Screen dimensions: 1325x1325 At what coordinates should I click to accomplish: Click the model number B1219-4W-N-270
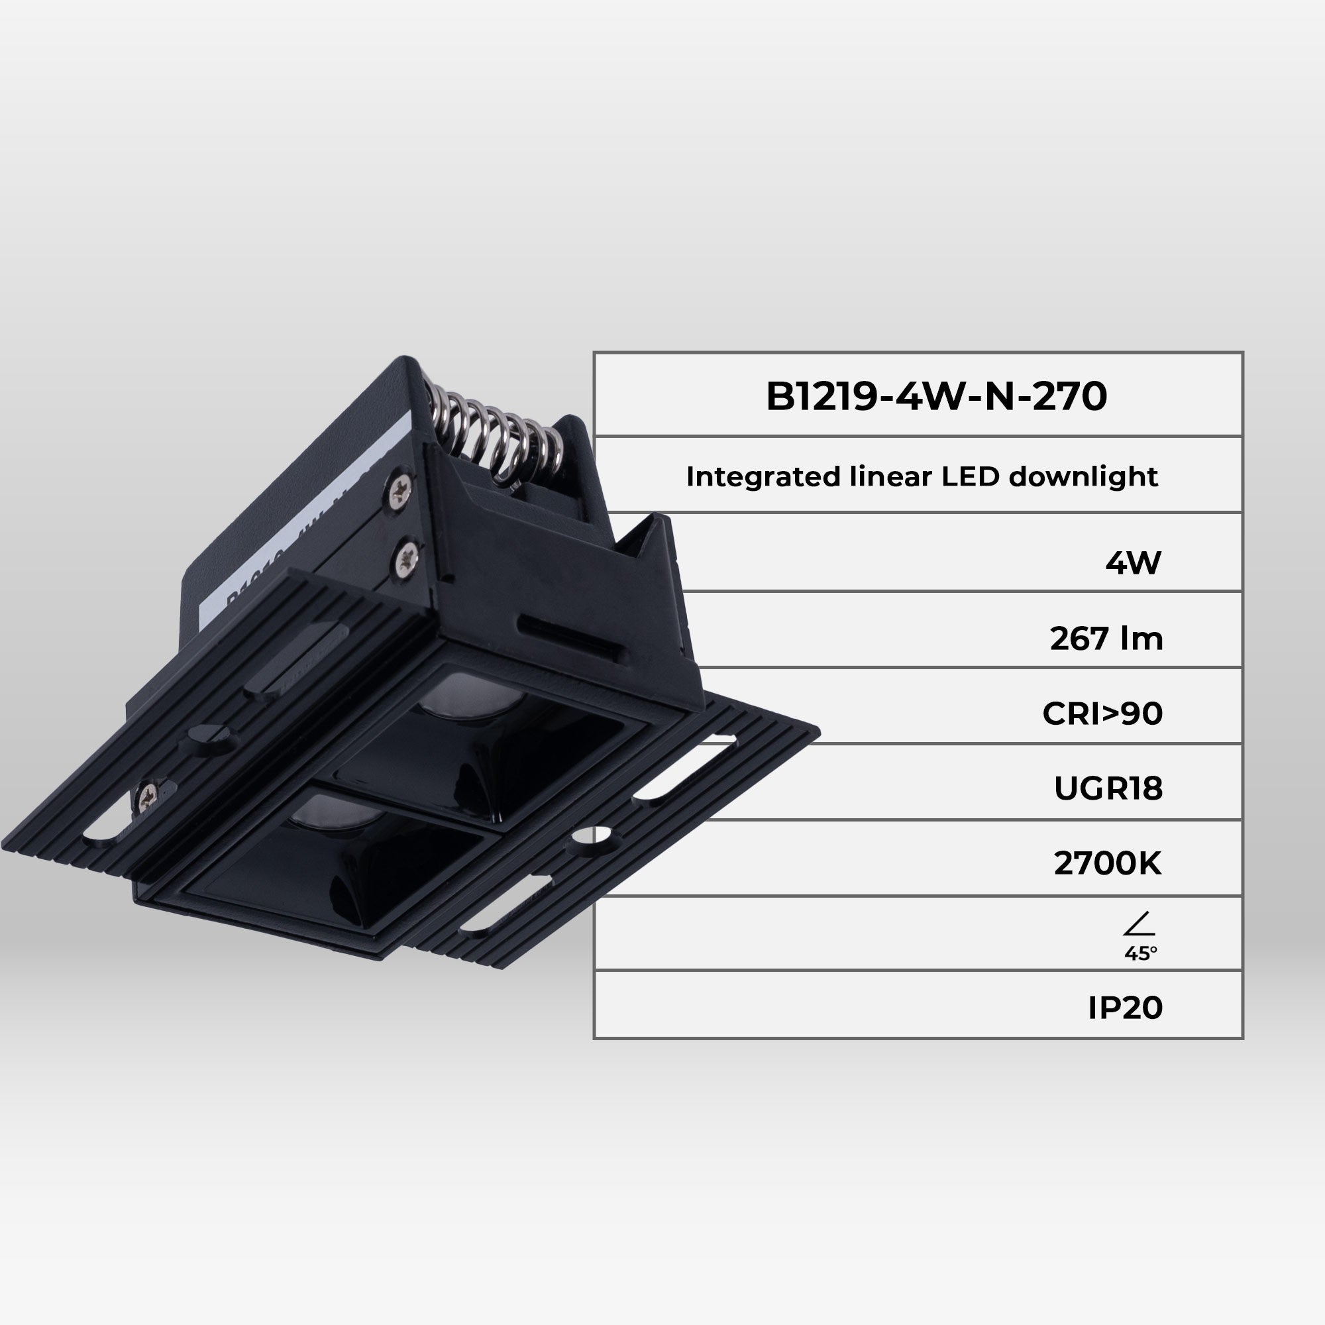tap(935, 396)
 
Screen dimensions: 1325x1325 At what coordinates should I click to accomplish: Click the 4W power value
tap(1133, 563)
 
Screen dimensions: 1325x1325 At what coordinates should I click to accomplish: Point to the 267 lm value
tap(1106, 639)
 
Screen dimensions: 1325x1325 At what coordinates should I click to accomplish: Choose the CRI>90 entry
tap(1102, 714)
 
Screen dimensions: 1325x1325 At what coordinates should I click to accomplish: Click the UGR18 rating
tap(1108, 788)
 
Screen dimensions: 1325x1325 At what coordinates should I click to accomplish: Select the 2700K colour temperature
tap(1108, 863)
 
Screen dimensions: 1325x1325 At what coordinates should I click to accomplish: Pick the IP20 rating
tap(1126, 1008)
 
